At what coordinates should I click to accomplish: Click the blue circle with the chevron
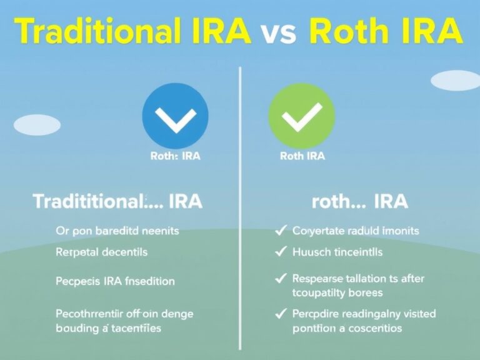pos(175,116)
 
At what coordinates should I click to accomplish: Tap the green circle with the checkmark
pos(302,116)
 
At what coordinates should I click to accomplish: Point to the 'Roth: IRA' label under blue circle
pos(175,156)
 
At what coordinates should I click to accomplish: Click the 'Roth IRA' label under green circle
pos(302,156)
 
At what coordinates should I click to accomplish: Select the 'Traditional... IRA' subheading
pos(117,201)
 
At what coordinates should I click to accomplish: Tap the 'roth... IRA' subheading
pos(359,201)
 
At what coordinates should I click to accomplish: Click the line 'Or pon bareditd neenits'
pos(117,231)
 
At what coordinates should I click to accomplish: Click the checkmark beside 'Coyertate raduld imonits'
pos(281,231)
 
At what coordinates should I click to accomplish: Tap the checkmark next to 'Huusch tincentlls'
pos(281,252)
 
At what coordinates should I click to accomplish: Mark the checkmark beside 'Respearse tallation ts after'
pos(281,278)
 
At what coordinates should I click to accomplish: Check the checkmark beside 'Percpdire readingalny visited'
pos(281,313)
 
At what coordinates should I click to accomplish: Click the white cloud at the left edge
pos(37,125)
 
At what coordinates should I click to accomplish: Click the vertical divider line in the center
pos(240,206)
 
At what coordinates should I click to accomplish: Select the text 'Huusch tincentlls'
pos(337,252)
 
